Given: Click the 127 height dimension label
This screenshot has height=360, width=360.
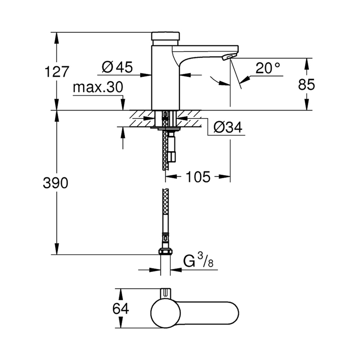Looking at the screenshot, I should pyautogui.click(x=57, y=72).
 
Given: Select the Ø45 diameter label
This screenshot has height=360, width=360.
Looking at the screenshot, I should pyautogui.click(x=117, y=66).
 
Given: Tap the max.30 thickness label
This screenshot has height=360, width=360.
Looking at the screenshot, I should pyautogui.click(x=98, y=88).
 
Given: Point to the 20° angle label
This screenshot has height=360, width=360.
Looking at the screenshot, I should pyautogui.click(x=268, y=68).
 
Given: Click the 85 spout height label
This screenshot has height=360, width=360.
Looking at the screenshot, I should pyautogui.click(x=306, y=84).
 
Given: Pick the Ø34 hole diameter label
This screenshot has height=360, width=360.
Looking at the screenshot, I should pyautogui.click(x=228, y=127).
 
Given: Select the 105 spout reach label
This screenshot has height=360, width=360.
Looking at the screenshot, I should pyautogui.click(x=197, y=177).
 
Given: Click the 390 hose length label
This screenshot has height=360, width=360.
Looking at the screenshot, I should pyautogui.click(x=55, y=183).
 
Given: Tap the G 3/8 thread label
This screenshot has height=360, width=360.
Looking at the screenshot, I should pyautogui.click(x=199, y=261).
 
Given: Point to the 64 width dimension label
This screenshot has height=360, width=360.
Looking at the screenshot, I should pyautogui.click(x=121, y=309).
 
